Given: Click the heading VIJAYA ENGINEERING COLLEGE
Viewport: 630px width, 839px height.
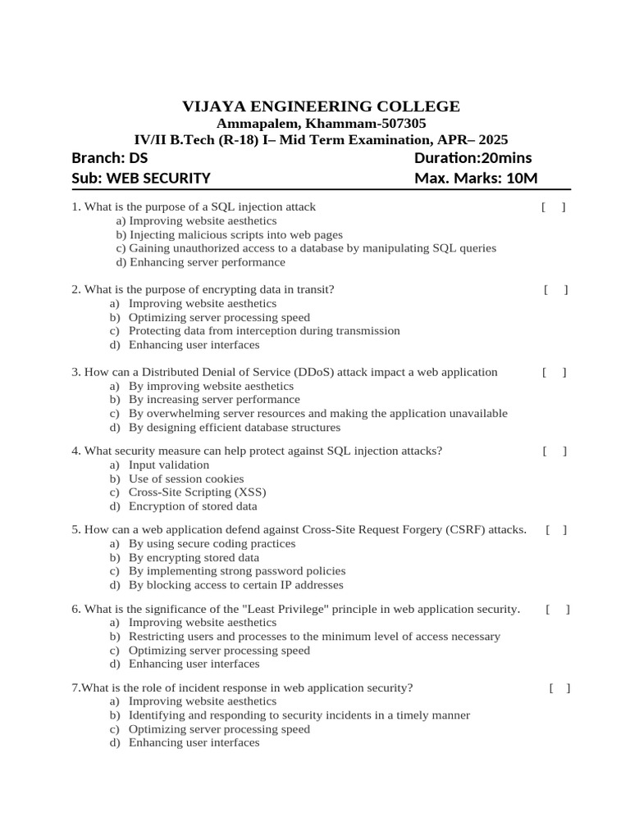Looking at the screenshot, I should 321,107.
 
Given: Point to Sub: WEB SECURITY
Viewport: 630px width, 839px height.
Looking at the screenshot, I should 141,179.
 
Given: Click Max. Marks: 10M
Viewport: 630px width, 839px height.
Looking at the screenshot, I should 476,179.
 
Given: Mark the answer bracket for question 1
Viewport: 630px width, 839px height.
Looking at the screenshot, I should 554,207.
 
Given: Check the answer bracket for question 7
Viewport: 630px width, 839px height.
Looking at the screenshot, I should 559,688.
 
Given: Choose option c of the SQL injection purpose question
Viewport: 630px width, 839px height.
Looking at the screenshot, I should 306,248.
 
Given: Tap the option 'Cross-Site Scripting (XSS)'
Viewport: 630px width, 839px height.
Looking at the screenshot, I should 198,492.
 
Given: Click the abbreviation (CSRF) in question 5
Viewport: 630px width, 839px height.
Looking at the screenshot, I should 466,530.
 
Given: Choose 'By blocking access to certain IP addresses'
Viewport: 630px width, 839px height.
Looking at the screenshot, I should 235,585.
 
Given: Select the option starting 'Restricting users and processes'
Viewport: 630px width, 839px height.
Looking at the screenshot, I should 314,637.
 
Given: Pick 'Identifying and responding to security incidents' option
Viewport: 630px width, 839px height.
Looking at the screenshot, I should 299,715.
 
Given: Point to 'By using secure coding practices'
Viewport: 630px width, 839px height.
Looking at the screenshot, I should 212,543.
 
